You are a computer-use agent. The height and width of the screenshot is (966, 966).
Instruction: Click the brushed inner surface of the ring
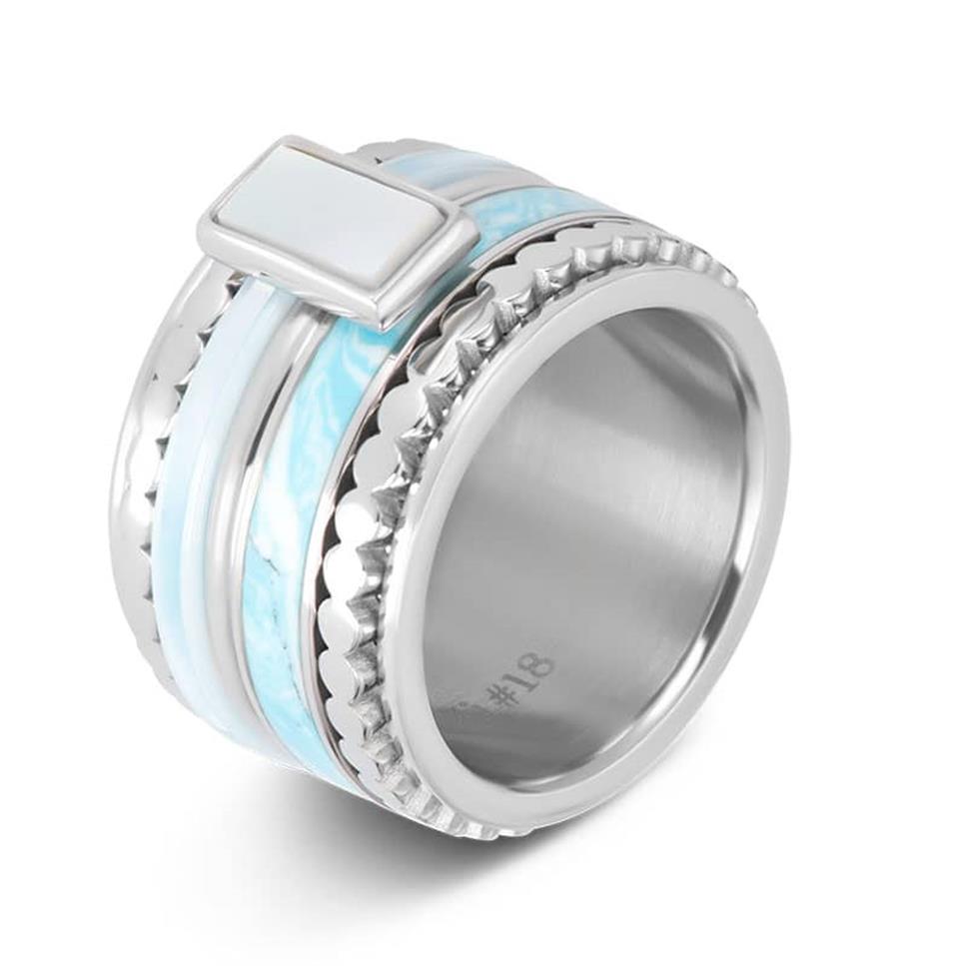pyautogui.click(x=599, y=499)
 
